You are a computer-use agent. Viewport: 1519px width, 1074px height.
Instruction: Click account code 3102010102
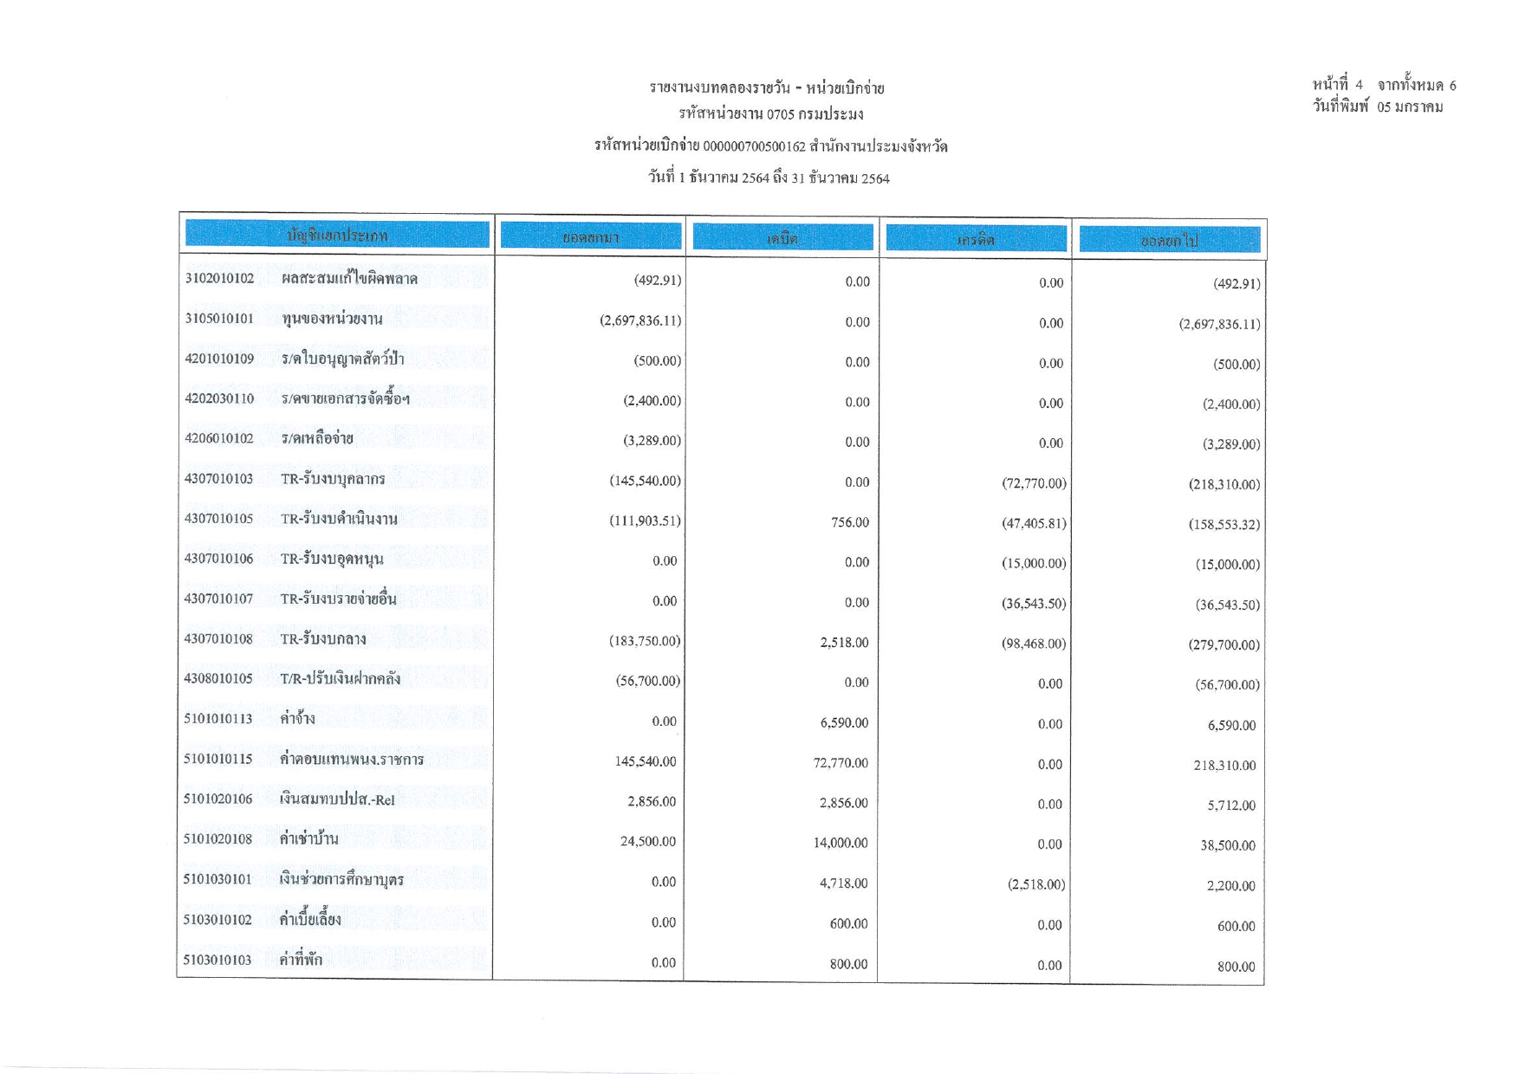pos(219,278)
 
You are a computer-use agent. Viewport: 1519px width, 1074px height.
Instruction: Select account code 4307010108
pos(218,639)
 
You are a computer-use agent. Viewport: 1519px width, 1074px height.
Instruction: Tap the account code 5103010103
pos(217,960)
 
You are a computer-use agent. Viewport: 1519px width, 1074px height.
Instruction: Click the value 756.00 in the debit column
pos(850,522)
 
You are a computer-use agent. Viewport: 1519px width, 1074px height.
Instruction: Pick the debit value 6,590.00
pos(843,722)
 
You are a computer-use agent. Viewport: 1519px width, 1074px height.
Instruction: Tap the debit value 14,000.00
pos(840,843)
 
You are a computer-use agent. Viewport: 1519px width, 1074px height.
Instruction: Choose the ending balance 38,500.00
pos(1227,845)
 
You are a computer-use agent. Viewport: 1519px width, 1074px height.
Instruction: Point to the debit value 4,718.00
pos(843,883)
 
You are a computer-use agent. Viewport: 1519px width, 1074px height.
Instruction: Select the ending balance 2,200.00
pos(1230,885)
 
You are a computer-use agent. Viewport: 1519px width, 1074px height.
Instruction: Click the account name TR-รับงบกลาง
pos(323,639)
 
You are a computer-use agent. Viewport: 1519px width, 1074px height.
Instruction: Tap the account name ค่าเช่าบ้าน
pos(308,839)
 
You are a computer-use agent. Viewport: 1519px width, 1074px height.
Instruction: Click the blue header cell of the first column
pos(337,235)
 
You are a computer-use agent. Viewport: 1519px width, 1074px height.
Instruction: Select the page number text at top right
pos(1384,85)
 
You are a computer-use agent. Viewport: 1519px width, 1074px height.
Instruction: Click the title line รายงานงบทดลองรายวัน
pos(767,87)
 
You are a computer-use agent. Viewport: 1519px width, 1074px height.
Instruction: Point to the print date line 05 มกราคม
pos(1378,107)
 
